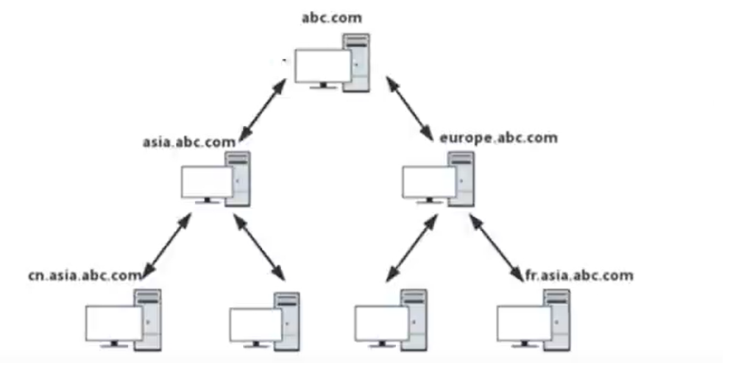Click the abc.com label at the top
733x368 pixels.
[331, 17]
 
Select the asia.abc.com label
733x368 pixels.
[189, 141]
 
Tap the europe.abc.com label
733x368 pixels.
[498, 138]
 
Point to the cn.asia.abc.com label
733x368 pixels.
[85, 276]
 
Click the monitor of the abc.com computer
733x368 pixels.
[323, 66]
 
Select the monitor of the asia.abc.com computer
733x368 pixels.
[207, 181]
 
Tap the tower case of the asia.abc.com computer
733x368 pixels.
[239, 178]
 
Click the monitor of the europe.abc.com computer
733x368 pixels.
[429, 181]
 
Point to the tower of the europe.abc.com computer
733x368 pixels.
[461, 178]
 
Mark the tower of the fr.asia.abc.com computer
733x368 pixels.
[557, 318]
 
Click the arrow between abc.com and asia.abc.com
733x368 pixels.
[263, 108]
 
